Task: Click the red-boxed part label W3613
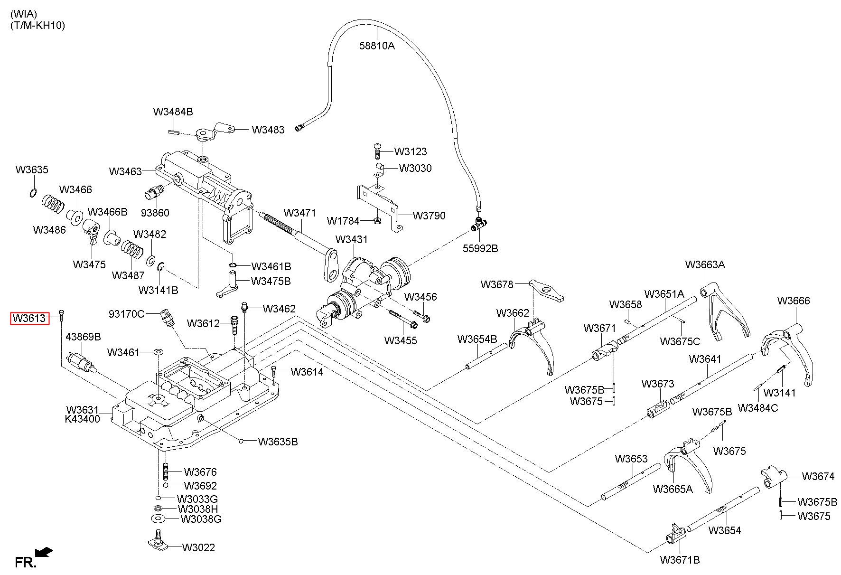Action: point(30,318)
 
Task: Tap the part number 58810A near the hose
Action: point(377,46)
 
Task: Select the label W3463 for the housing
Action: point(125,171)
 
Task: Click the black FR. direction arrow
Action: point(44,552)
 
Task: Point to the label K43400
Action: point(83,419)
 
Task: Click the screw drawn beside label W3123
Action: point(378,151)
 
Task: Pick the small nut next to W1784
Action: point(376,220)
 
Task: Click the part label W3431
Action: point(351,239)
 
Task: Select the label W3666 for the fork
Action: point(794,301)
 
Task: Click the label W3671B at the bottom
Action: point(680,560)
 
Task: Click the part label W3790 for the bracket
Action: point(429,216)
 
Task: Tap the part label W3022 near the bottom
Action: point(198,547)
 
